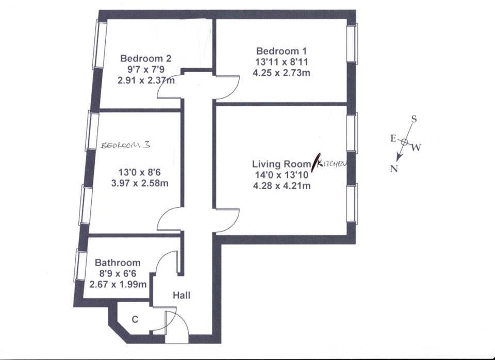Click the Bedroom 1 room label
point(281,51)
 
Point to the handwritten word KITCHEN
point(331,163)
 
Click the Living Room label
point(281,164)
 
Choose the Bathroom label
point(118,263)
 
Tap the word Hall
point(181,296)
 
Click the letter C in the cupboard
point(135,320)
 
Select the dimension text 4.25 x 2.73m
point(281,73)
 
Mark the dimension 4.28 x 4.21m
point(281,186)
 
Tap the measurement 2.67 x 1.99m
point(118,284)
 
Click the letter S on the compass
point(414,119)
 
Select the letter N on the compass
point(394,169)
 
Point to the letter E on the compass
point(392,138)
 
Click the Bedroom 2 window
point(99,44)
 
